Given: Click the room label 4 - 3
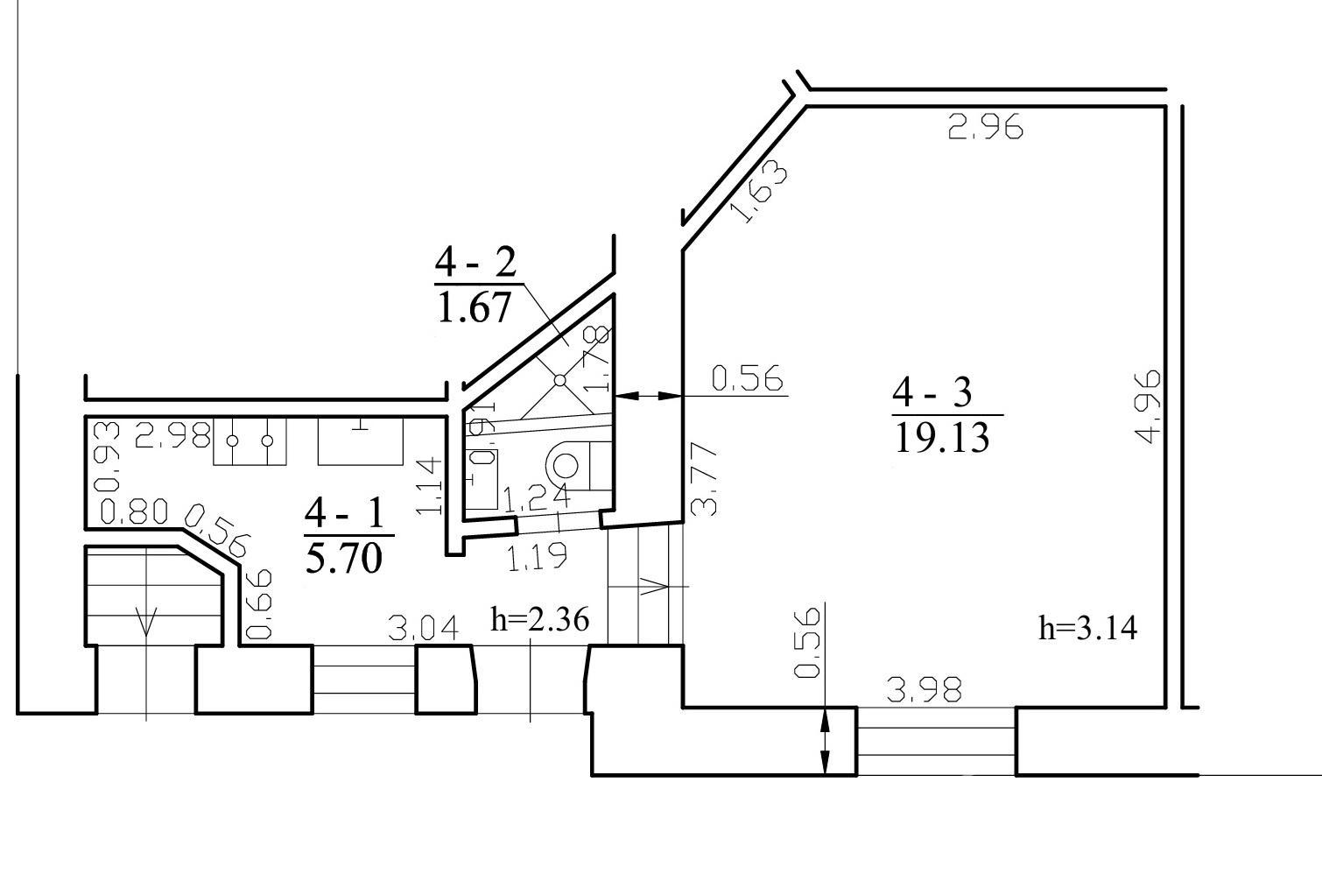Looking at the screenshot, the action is [x=932, y=392].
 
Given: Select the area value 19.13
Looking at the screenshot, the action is [x=942, y=438].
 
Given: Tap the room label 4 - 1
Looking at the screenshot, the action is [x=345, y=513].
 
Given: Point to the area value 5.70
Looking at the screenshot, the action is [x=344, y=559].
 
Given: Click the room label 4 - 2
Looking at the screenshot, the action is [x=475, y=262].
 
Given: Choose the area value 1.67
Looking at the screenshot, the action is [x=474, y=307].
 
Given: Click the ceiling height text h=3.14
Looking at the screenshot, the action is [x=1087, y=628].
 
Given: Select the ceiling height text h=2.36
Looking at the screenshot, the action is [x=540, y=619].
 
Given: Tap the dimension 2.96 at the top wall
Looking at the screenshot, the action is [x=985, y=127].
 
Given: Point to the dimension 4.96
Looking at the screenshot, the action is [x=1147, y=406].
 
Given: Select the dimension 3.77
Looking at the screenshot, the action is [x=704, y=480].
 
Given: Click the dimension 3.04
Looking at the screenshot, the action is [x=423, y=628].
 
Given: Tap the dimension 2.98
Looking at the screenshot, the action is [x=172, y=435].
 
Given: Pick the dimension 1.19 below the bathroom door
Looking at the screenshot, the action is [x=537, y=556].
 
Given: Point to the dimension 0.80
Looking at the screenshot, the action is [x=135, y=511].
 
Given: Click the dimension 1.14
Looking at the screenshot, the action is [x=428, y=485].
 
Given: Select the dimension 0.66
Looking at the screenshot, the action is [x=258, y=604].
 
